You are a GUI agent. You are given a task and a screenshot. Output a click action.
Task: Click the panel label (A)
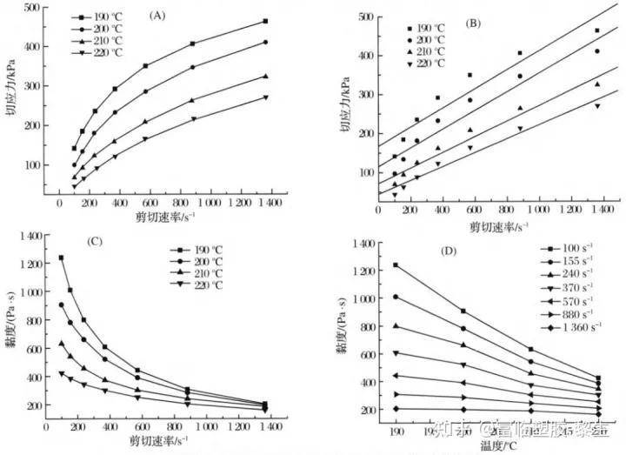(x=157, y=15)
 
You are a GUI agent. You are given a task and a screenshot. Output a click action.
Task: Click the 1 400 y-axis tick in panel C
(x=30, y=237)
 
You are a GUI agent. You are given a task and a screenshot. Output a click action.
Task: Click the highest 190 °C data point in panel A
(x=264, y=21)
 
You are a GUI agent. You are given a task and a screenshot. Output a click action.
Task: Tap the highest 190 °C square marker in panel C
(x=61, y=258)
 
